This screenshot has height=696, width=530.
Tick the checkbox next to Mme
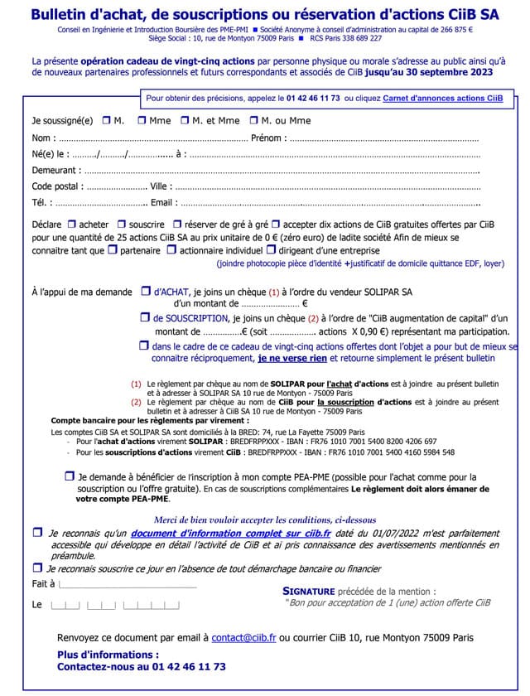pos(142,120)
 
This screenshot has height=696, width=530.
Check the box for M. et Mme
pos(185,120)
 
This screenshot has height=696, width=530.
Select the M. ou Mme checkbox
pos(254,120)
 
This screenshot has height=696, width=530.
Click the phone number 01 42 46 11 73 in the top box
pos(313,98)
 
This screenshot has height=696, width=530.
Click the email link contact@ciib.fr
pos(243,638)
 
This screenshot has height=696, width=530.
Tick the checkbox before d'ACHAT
pos(145,292)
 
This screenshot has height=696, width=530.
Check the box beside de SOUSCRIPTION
pos(145,317)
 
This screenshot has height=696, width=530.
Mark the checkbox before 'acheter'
pos(71,224)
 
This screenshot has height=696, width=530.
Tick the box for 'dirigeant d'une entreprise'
pos(270,249)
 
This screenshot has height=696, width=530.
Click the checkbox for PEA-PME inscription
pos(69,476)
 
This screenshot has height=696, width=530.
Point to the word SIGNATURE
pos(309,591)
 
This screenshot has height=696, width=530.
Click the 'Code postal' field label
pos(57,186)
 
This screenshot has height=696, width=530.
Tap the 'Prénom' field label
pos(267,138)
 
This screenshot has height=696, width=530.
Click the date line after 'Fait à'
pos(128,584)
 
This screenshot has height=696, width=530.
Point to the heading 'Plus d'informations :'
pos(107,655)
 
